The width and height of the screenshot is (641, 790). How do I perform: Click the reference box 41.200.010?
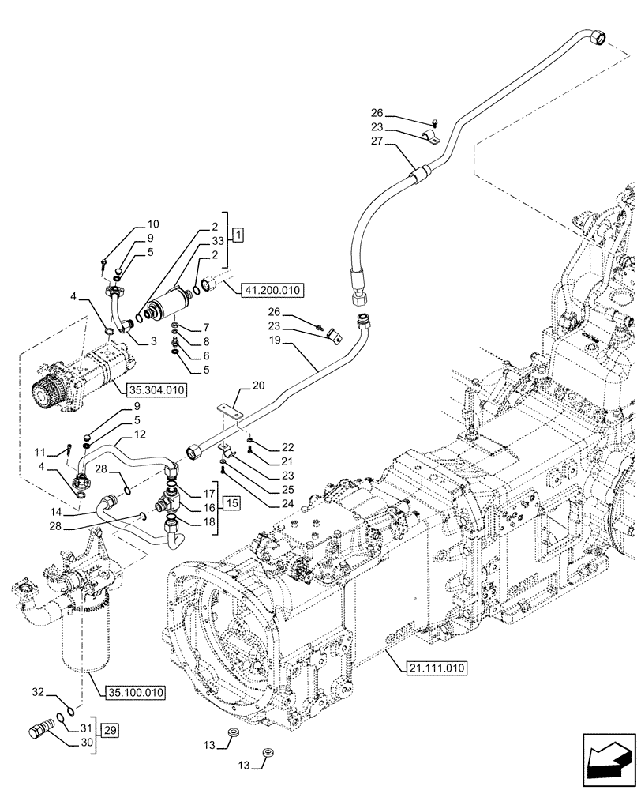click(x=267, y=291)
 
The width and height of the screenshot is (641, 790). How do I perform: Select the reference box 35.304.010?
click(x=154, y=388)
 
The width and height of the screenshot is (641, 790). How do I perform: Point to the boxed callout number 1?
click(x=238, y=236)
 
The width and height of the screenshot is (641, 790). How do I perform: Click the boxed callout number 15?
click(x=230, y=503)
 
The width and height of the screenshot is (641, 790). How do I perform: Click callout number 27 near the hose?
click(x=376, y=141)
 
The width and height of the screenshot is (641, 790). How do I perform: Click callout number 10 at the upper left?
click(x=152, y=224)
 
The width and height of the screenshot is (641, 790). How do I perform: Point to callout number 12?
click(x=139, y=434)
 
